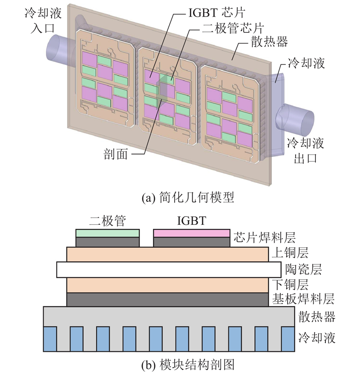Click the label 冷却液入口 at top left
point(40,20)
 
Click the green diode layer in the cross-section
point(107,233)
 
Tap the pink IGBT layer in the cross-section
point(192,233)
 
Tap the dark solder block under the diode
point(107,242)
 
